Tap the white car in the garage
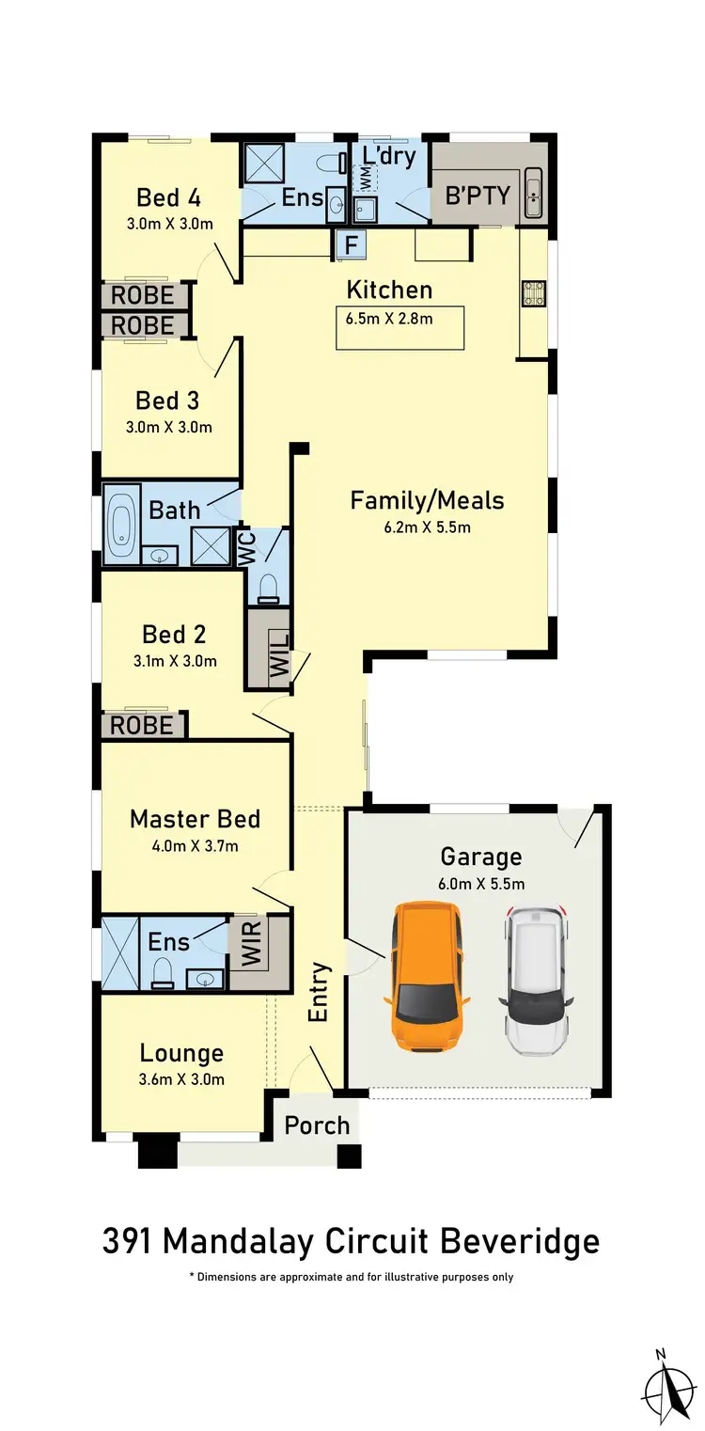[536, 978]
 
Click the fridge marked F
[352, 245]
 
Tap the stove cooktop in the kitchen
[531, 295]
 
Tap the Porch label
[317, 1124]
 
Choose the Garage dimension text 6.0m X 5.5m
[480, 883]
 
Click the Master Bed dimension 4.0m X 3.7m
[195, 845]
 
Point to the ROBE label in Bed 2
[142, 725]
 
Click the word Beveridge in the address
[516, 1241]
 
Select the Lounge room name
[181, 1053]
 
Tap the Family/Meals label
[427, 500]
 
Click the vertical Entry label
[320, 992]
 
